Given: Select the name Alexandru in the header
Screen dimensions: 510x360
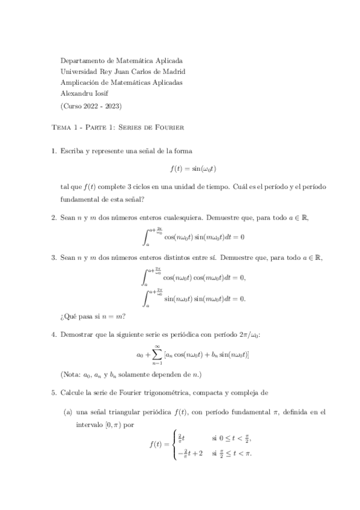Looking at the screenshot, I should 77,94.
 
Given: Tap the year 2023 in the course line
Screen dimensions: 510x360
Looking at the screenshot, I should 111,105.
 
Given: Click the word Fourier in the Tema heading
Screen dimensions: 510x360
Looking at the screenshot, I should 169,128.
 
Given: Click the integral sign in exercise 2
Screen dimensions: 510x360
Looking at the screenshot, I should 146,236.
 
